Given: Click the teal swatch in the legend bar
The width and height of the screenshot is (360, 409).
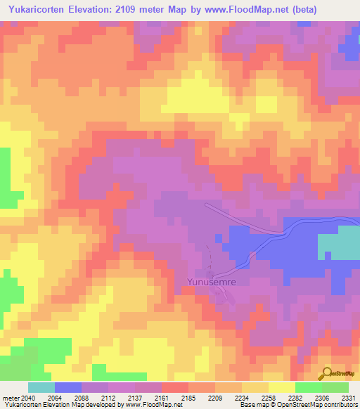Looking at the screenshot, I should coord(41,387).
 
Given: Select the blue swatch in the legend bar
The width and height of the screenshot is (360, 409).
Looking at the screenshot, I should coord(67,387).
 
